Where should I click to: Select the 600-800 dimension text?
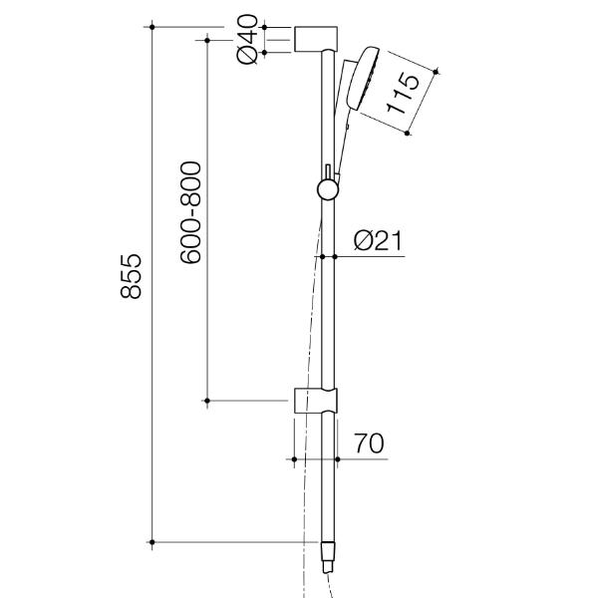click(191, 212)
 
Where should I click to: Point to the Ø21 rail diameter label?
click(378, 240)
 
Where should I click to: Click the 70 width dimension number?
click(368, 442)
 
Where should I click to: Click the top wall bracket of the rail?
click(317, 40)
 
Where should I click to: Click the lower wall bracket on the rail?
click(317, 399)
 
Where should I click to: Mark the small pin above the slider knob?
click(326, 170)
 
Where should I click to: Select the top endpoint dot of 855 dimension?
click(152, 27)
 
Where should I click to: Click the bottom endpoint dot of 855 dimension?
click(152, 543)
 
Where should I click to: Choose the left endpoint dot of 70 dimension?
click(294, 458)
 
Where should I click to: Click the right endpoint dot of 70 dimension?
click(339, 458)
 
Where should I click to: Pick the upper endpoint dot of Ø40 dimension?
click(266, 27)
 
